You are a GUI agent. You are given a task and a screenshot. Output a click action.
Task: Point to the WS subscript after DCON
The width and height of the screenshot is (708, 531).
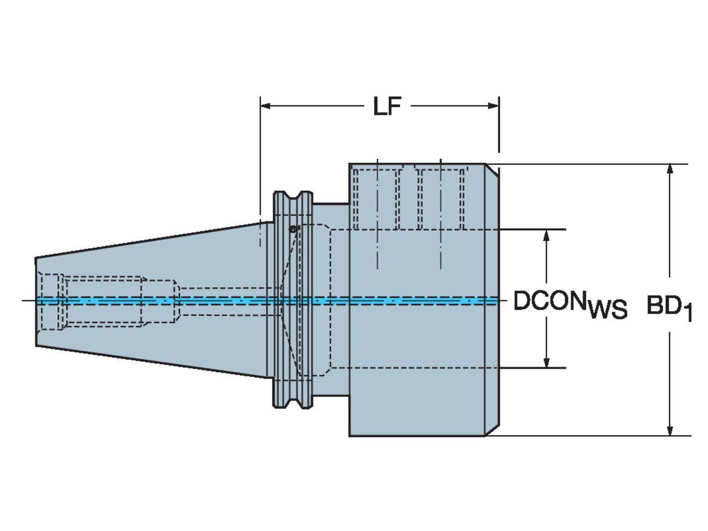[x=608, y=309]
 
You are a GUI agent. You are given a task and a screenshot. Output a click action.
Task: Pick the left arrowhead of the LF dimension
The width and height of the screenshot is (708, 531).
[x=266, y=106]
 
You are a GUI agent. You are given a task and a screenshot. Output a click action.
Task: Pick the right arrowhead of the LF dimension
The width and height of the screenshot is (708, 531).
[x=493, y=106]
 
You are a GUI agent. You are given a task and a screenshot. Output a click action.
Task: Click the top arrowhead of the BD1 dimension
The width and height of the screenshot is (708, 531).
[x=670, y=169]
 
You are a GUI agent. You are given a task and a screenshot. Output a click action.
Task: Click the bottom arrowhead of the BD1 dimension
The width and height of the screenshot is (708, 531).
[x=670, y=430]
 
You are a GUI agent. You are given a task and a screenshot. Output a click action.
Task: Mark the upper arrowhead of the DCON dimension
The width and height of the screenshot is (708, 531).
[x=547, y=235]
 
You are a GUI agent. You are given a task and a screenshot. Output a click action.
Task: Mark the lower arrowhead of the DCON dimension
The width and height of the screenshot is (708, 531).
[x=547, y=362]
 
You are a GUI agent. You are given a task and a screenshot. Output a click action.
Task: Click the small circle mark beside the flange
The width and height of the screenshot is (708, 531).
[x=292, y=228]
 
